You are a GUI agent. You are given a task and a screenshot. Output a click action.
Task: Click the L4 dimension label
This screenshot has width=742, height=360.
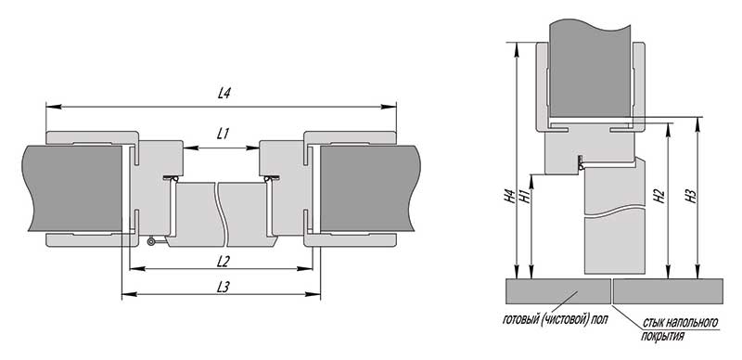click(224, 94)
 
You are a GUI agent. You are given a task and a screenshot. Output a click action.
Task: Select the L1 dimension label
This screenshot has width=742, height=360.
click(223, 134)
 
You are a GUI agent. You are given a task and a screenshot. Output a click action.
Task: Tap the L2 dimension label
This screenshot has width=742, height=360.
click(223, 261)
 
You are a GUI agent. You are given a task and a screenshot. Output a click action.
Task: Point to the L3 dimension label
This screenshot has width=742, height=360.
click(223, 287)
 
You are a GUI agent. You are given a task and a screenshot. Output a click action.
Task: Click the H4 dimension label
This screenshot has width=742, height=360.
click(509, 196)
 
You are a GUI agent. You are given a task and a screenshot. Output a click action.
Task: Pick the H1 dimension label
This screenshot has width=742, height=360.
click(524, 196)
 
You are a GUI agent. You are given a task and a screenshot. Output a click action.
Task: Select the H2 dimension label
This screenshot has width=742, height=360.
click(659, 196)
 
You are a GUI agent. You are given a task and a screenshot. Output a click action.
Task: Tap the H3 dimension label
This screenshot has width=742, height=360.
click(690, 196)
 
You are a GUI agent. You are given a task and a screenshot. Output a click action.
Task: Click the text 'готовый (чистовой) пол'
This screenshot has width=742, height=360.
click(555, 320)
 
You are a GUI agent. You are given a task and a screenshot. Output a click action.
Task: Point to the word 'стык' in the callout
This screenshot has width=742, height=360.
click(653, 323)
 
